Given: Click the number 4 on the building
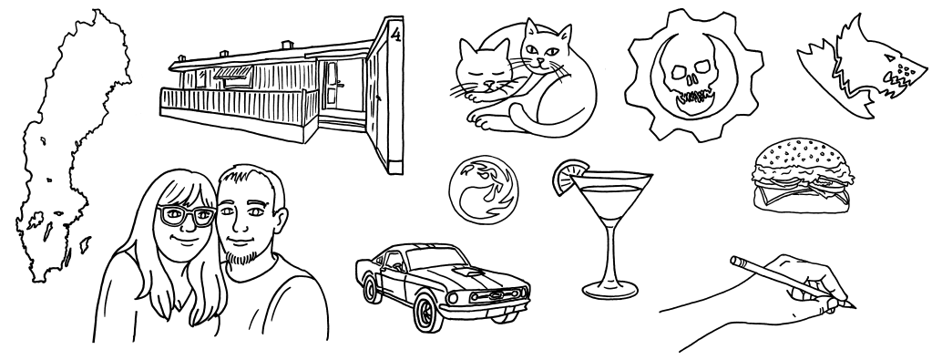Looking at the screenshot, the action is (x=396, y=36).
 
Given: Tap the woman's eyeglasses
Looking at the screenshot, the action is (x=186, y=215).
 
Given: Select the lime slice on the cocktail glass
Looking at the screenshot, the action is (x=568, y=176).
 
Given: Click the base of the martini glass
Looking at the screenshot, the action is (x=610, y=291).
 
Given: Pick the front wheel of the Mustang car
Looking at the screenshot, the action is (x=426, y=313).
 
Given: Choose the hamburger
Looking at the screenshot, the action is (x=801, y=176).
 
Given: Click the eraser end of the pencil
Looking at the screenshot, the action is (x=735, y=261).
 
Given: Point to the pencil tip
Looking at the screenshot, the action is (x=855, y=307).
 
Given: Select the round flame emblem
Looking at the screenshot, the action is (x=483, y=190).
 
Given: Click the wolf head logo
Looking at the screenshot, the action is (x=863, y=70).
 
